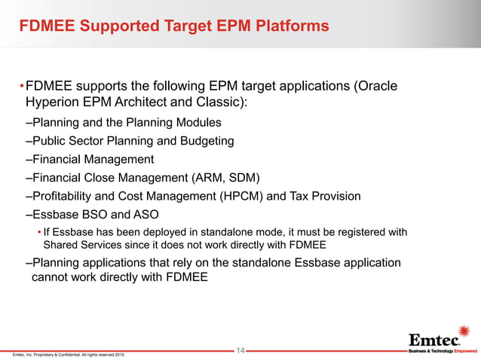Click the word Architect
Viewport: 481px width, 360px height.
point(148,102)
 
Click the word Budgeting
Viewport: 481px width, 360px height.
point(206,141)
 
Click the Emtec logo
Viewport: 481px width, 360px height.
point(437,340)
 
